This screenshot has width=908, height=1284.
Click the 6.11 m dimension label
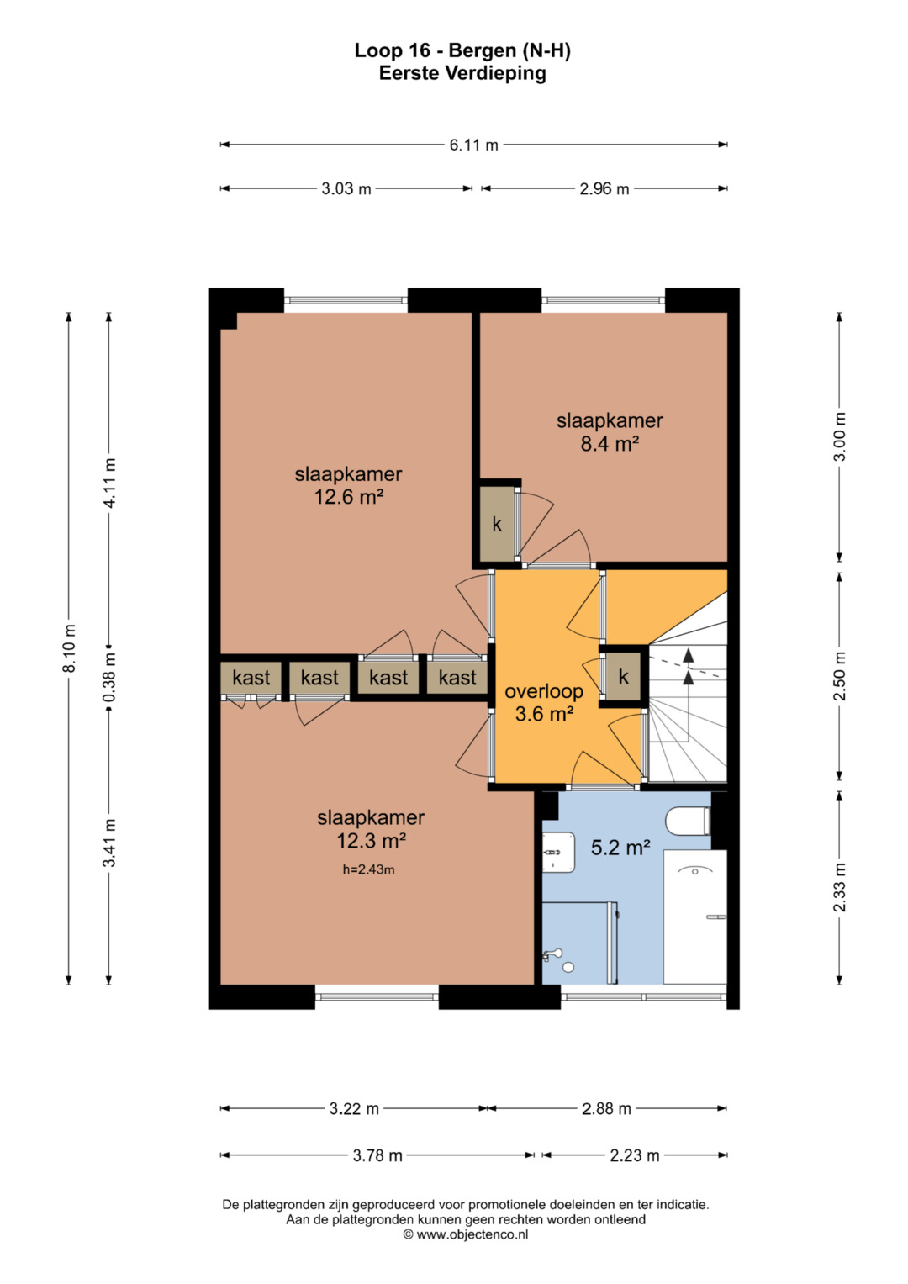coord(473,145)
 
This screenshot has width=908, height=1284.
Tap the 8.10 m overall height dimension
coord(69,647)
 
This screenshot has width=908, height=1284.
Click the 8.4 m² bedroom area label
coord(610,444)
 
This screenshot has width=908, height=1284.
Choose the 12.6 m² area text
coord(349,496)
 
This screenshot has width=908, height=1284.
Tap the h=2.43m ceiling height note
coord(368,869)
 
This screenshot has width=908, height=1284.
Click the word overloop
coord(544,691)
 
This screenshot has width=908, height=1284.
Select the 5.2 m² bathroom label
coord(620,848)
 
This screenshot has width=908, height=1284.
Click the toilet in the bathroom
coord(688,822)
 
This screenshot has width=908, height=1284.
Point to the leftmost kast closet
coord(251,678)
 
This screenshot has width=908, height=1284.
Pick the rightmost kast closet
coord(457,678)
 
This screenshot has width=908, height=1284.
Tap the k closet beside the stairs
coord(624,676)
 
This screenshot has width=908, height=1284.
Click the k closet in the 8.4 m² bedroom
coord(497,524)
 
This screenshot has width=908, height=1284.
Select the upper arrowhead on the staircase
coord(689,655)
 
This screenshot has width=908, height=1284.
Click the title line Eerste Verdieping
coord(462,73)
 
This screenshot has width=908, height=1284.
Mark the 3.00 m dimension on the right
coord(839,436)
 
